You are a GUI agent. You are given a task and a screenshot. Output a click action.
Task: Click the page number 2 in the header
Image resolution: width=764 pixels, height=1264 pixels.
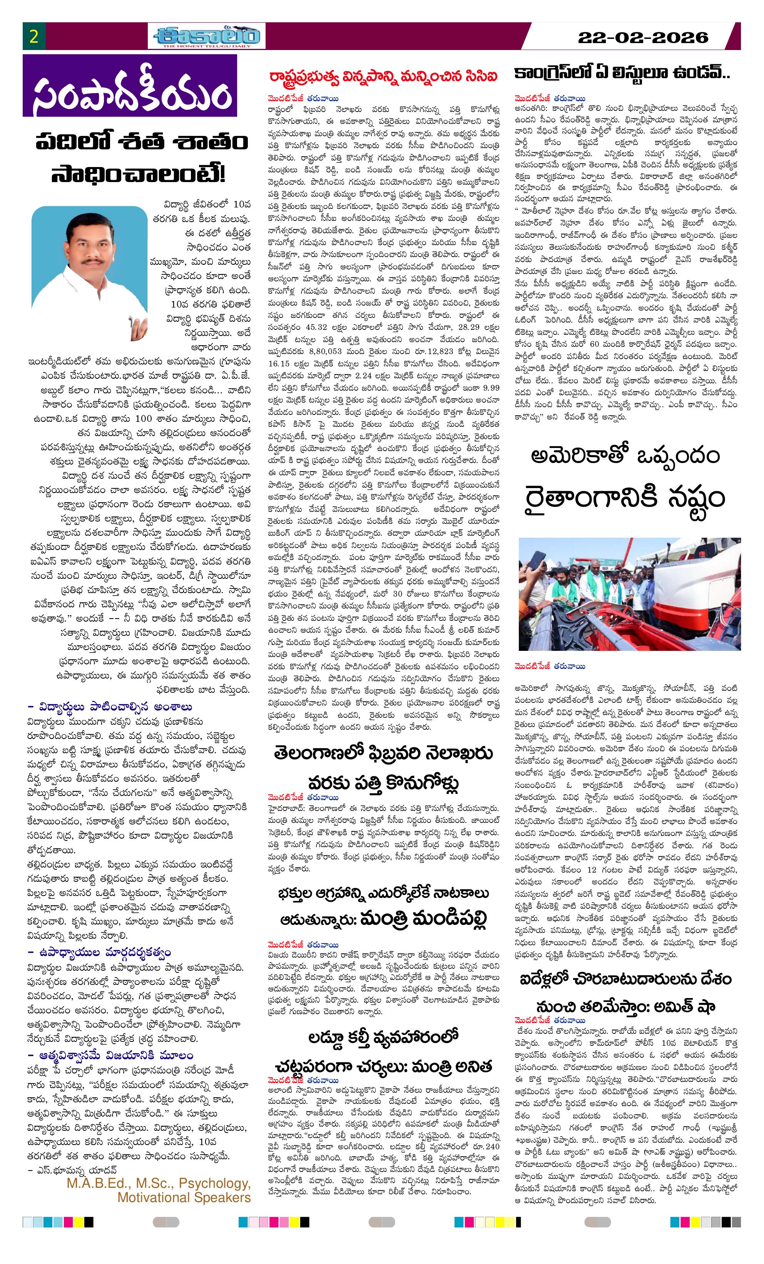[34, 37]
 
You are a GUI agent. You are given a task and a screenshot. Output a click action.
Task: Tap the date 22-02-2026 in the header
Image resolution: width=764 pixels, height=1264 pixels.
[643, 37]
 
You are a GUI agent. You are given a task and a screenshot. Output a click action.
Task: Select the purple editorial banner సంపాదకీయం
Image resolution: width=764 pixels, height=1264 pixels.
[130, 86]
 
